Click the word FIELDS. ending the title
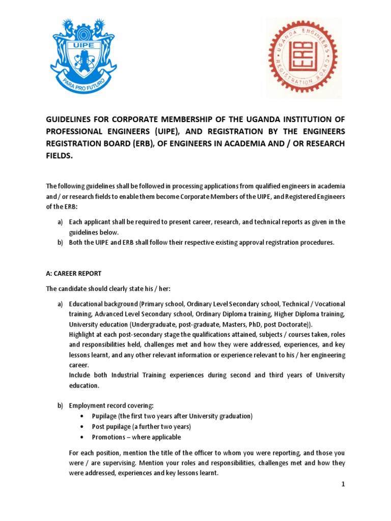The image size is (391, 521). pyautogui.click(x=60, y=157)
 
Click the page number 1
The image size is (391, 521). pyautogui.click(x=344, y=484)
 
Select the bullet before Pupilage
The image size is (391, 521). pyautogui.click(x=82, y=416)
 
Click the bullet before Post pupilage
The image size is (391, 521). pyautogui.click(x=82, y=426)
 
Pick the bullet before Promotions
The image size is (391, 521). pyautogui.click(x=82, y=437)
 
